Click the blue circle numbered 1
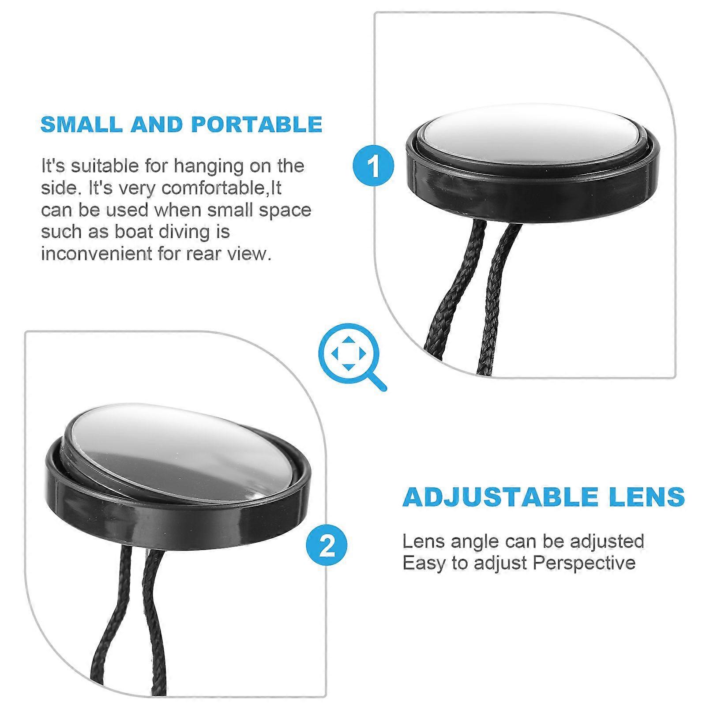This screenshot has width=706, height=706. pyautogui.click(x=373, y=166)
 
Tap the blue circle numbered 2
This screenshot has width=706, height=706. pyautogui.click(x=327, y=546)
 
